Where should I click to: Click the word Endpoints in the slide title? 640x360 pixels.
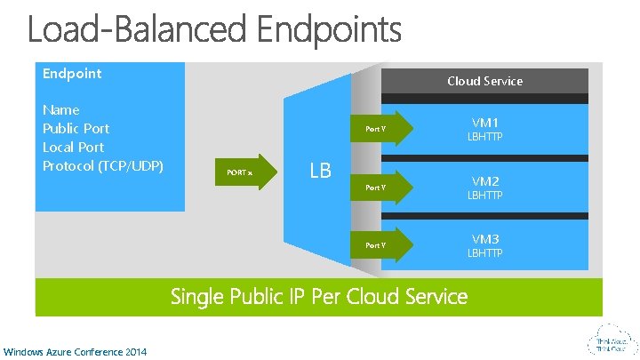coord(330,30)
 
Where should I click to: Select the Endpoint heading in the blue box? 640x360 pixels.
coord(72,74)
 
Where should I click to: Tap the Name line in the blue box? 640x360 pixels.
coord(61,110)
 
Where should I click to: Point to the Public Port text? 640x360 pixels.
coord(76,129)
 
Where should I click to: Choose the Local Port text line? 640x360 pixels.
coord(73,148)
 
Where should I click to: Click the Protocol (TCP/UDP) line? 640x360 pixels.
coord(103,166)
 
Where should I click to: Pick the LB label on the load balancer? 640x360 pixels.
coord(320,169)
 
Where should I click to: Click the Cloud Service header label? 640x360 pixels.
coord(484,81)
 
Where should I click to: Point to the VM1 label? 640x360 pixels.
coord(485,123)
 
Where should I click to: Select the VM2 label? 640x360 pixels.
coord(485,181)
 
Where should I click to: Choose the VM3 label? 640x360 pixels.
coord(485,239)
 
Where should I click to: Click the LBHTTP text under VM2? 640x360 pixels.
coord(485,196)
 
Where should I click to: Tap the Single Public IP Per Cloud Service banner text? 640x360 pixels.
coord(319,296)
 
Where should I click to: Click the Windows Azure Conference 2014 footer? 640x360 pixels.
coord(75,352)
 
